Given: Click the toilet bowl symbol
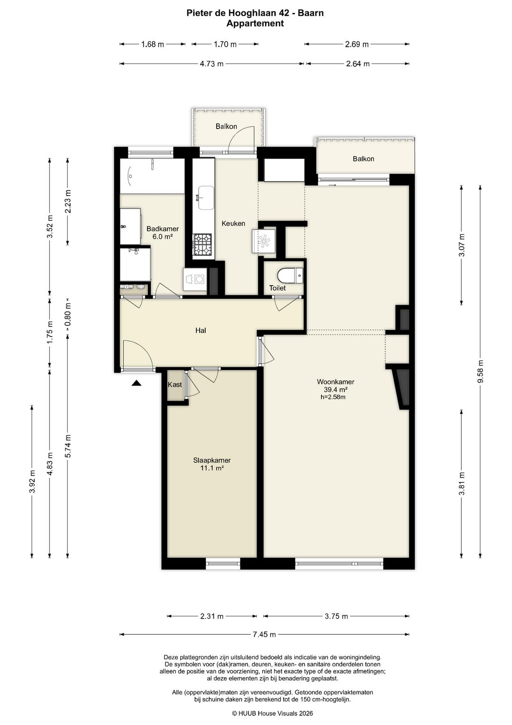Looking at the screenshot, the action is (290, 275).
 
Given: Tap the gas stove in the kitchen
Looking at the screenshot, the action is (202, 244).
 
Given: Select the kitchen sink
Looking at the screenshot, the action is (205, 198).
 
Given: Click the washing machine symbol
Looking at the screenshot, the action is (194, 279).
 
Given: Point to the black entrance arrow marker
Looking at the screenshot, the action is (137, 383).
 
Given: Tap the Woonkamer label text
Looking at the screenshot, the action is (335, 382).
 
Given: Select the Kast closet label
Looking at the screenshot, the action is (174, 385).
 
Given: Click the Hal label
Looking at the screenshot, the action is (201, 330).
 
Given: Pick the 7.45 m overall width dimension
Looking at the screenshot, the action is (265, 634).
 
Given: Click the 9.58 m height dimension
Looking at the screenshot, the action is (480, 371).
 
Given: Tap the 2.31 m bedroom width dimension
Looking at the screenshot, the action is (212, 616).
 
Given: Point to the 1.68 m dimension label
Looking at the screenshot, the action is (153, 44).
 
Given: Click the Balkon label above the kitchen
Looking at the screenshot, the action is (226, 126).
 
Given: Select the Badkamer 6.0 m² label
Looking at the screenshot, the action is (162, 232).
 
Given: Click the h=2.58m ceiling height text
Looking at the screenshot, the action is (333, 397).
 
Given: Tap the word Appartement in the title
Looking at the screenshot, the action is (255, 23).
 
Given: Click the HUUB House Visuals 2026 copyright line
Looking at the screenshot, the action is (273, 713).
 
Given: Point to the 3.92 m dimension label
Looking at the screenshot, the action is (32, 481).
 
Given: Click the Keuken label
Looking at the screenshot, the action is (233, 223).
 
